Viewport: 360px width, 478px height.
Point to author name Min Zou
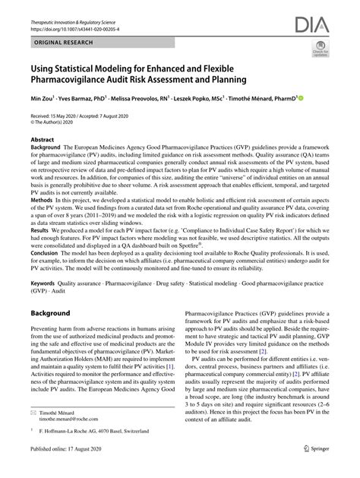click(41, 98)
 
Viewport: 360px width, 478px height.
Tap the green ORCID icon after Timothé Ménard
click(301, 98)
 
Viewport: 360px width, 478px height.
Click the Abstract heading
click(42, 141)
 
